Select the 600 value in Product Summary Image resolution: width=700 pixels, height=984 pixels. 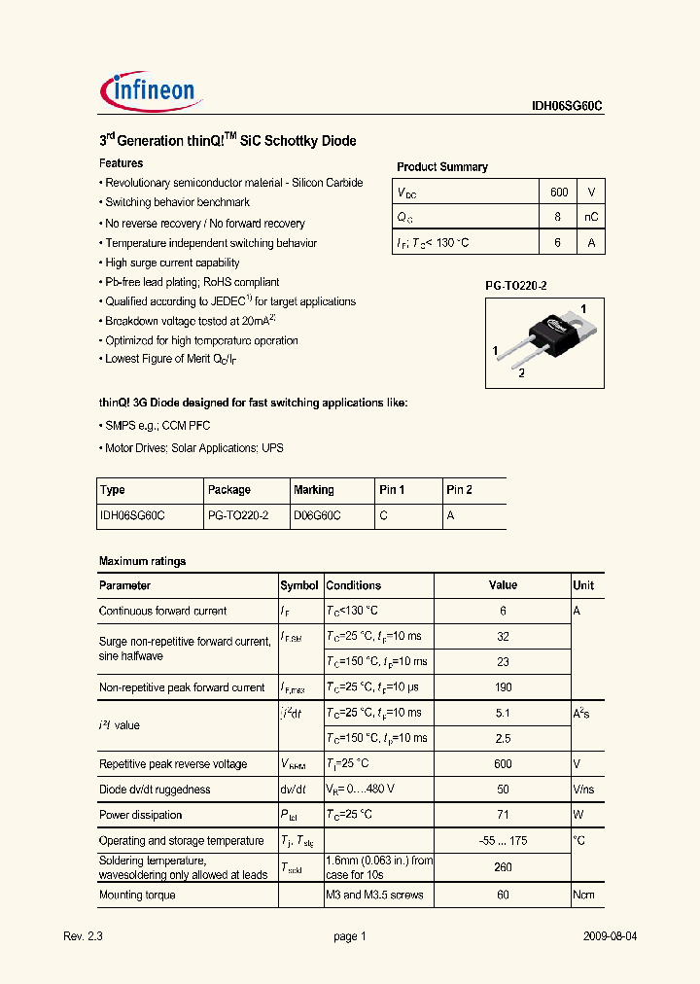(x=558, y=193)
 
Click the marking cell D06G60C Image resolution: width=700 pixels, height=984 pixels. (x=317, y=516)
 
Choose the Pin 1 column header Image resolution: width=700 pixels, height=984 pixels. (x=392, y=490)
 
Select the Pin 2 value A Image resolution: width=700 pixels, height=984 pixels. (x=450, y=516)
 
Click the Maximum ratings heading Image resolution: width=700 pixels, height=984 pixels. (x=142, y=561)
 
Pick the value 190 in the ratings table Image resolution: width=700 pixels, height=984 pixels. (x=503, y=687)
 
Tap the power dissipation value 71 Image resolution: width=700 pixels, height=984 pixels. (x=503, y=815)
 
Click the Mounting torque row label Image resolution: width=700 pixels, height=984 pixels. (x=137, y=895)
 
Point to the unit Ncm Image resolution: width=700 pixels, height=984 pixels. (x=583, y=895)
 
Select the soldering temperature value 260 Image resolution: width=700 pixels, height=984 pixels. (x=503, y=867)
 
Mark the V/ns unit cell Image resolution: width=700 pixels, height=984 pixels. (x=583, y=790)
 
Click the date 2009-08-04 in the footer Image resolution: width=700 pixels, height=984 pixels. (x=610, y=936)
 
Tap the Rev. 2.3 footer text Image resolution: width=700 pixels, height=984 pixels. (x=83, y=936)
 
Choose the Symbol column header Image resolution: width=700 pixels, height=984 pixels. (x=299, y=585)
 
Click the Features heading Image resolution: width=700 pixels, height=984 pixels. (x=122, y=163)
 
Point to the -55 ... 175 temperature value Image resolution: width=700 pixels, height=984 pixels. (x=503, y=841)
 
